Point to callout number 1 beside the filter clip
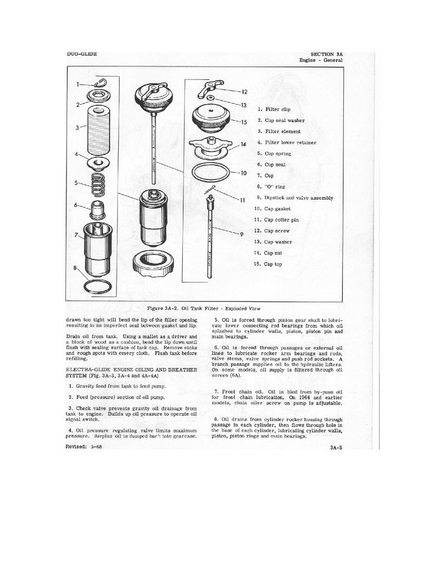click(x=78, y=85)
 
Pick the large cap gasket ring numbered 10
click(x=209, y=173)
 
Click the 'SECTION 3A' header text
click(x=326, y=53)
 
